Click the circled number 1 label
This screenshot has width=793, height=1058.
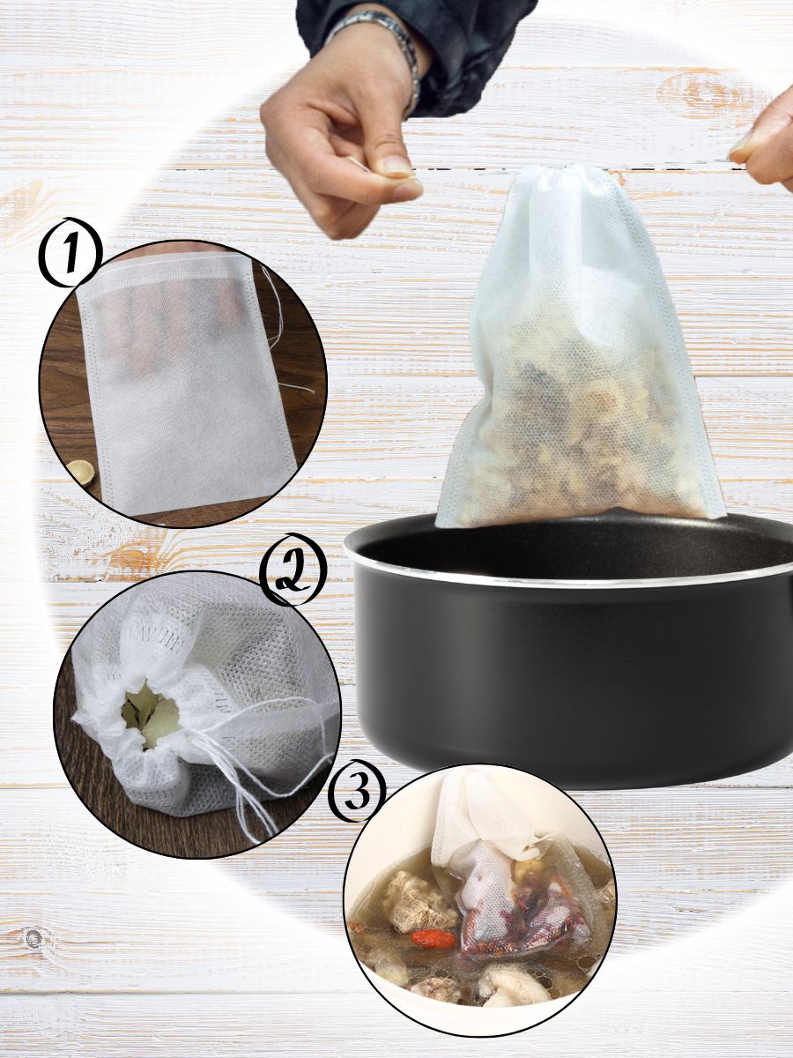70,252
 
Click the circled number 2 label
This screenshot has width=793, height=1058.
293,570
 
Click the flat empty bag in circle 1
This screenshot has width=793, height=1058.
185,385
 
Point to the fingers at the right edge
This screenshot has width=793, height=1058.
766,145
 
